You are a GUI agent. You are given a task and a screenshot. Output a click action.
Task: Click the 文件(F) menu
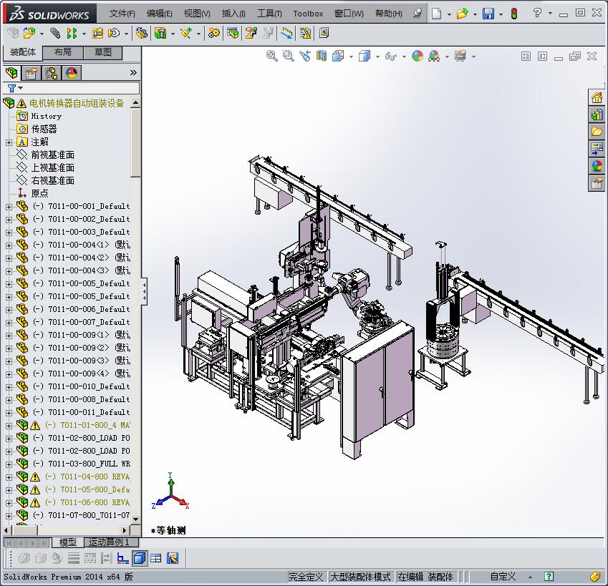(122, 14)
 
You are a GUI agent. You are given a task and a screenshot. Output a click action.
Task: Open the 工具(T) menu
(269, 14)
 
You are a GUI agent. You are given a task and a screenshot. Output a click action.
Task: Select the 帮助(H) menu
(388, 14)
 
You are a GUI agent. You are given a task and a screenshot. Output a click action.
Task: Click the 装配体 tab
(23, 52)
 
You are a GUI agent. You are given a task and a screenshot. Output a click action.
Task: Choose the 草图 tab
(102, 52)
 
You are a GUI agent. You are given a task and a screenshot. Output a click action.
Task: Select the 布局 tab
(63, 52)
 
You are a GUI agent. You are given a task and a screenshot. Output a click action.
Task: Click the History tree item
(46, 116)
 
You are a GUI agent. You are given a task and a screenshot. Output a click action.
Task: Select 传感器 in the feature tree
(44, 129)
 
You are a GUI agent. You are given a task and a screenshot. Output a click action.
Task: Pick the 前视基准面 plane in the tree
(52, 155)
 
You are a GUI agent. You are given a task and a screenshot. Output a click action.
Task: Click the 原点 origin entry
(39, 193)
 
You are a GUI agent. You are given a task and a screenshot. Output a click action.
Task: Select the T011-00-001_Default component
(88, 206)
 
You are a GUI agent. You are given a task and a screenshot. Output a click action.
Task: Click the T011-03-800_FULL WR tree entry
(88, 464)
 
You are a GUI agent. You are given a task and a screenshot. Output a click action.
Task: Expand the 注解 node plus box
(9, 142)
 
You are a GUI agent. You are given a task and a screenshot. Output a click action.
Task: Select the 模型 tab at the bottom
(68, 542)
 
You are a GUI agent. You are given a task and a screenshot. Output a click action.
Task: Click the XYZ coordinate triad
(170, 493)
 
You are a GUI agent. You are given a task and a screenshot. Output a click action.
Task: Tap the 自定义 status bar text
(503, 577)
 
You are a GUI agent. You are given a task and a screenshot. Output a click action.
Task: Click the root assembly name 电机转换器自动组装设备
(77, 103)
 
